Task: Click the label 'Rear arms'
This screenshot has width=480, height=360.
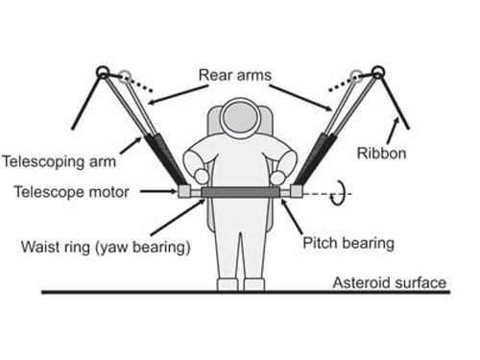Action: pos(240,73)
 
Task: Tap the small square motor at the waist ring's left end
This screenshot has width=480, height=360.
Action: pos(183,192)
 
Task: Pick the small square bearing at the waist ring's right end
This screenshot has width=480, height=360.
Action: pos(296,192)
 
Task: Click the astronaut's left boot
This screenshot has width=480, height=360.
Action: pos(227,284)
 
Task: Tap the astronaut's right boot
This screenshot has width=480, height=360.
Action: pos(253,284)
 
